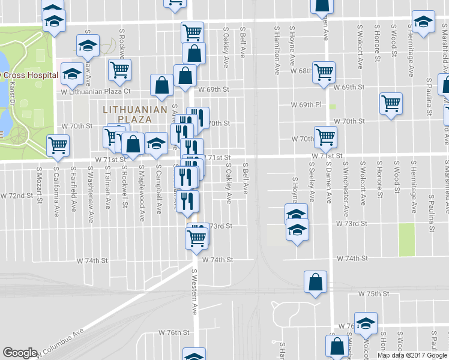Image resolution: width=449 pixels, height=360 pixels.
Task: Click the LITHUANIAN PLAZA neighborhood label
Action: click(126, 114)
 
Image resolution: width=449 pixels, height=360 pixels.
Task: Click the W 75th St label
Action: click(374, 294)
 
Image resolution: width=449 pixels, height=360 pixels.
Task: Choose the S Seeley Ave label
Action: click(312, 182)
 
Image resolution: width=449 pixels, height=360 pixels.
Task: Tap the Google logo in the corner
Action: click(20, 353)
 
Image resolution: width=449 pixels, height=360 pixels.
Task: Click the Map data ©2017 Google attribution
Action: click(412, 355)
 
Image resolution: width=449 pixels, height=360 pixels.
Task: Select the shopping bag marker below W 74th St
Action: click(316, 283)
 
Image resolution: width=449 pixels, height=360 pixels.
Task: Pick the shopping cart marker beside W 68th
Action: click(324, 71)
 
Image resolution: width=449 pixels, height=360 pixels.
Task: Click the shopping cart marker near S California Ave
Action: click(58, 145)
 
